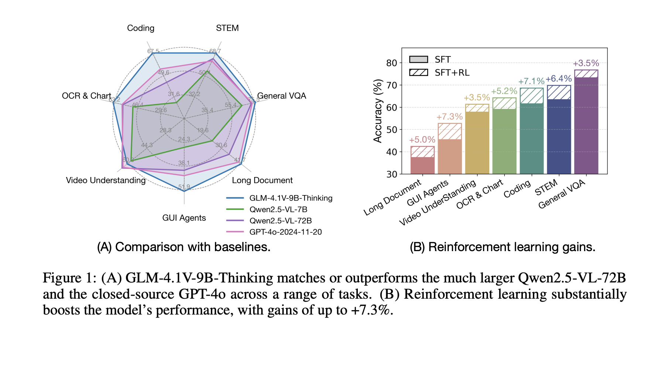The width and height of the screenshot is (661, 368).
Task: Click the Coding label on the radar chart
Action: (141, 28)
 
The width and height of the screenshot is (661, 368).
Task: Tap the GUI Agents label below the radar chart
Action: (184, 218)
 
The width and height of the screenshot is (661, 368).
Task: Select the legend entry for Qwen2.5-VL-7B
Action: (278, 209)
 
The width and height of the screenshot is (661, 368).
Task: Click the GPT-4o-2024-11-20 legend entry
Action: (285, 232)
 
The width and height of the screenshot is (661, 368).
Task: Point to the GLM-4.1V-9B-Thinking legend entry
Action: (291, 198)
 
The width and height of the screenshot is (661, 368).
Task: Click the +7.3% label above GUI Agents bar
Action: (449, 117)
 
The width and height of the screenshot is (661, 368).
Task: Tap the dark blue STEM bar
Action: (559, 136)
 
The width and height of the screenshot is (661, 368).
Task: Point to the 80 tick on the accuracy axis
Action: (391, 63)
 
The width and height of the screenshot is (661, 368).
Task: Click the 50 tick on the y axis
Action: (391, 130)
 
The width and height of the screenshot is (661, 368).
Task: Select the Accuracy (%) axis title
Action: (377, 111)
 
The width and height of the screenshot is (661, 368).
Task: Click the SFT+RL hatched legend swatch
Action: (418, 72)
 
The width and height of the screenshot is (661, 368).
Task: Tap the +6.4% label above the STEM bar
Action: (559, 79)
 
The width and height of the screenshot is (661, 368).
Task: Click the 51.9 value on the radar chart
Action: (184, 187)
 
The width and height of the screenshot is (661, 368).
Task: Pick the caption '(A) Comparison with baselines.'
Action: (184, 247)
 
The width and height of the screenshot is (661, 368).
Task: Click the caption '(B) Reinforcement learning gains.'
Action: (503, 247)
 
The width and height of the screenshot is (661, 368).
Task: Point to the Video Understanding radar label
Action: (106, 180)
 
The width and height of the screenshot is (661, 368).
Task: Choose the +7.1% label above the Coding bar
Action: (531, 81)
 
